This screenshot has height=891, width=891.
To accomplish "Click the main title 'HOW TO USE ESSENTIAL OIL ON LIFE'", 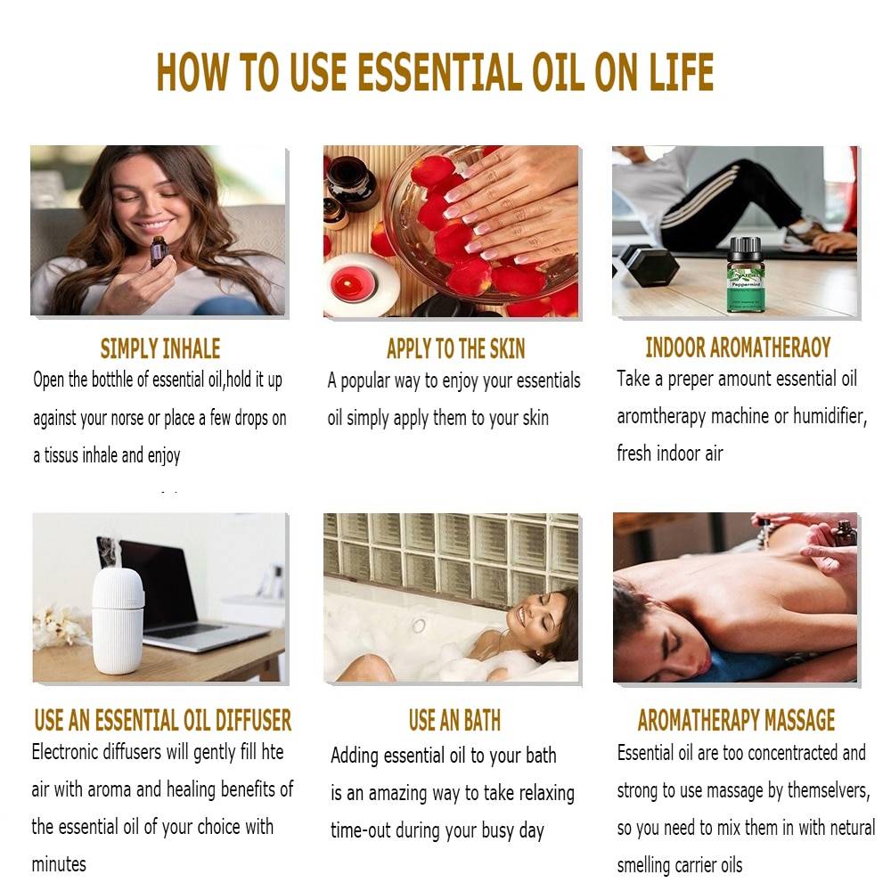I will click(x=435, y=72).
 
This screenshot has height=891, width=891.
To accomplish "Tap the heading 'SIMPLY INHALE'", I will click(x=159, y=348).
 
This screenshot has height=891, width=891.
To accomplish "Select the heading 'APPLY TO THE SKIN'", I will click(x=455, y=348).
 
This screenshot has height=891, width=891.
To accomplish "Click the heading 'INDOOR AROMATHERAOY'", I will click(x=738, y=347).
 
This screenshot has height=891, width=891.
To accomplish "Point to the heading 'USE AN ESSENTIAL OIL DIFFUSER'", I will click(x=162, y=720).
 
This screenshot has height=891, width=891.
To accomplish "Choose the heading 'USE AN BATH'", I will click(x=454, y=720).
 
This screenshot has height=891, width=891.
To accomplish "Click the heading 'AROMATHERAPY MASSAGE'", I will click(x=736, y=720).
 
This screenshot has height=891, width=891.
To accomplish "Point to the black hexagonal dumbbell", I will click(x=648, y=266).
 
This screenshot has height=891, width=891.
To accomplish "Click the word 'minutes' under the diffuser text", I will click(x=59, y=863).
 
